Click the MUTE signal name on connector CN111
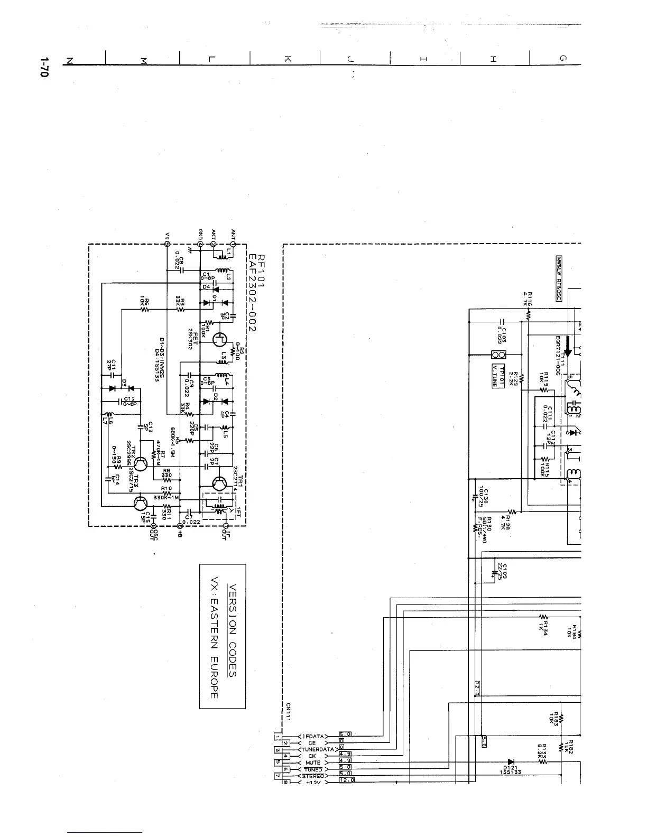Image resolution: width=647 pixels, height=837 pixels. tap(313, 762)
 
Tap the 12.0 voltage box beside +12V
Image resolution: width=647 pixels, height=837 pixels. tap(346, 781)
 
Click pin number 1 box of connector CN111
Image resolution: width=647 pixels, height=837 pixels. tap(278, 736)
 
